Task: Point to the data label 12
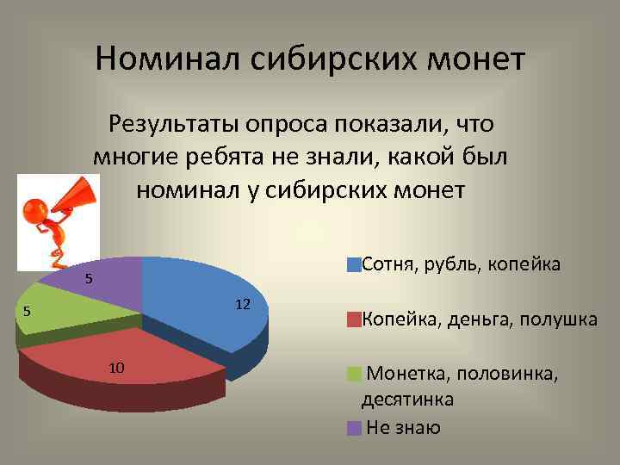pos(242,304)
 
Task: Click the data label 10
pos(117,368)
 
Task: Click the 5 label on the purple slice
pos(88,279)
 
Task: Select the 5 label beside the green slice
pos(27,312)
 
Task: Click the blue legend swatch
pos(353,264)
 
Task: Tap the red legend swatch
pos(353,320)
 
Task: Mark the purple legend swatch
pos(353,428)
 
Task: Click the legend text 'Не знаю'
pos(403,428)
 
